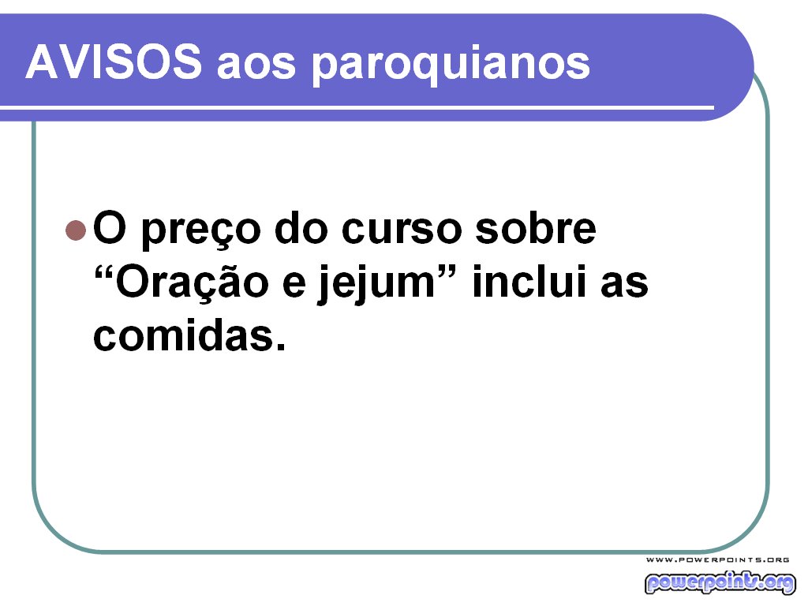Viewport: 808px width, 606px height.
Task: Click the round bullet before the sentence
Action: (75, 230)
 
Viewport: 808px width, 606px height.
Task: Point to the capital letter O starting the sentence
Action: (108, 228)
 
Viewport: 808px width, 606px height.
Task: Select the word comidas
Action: (182, 337)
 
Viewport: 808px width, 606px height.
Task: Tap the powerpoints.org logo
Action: (720, 582)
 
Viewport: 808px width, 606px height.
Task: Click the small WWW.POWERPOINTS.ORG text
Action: (718, 559)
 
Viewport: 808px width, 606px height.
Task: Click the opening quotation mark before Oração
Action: (104, 271)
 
